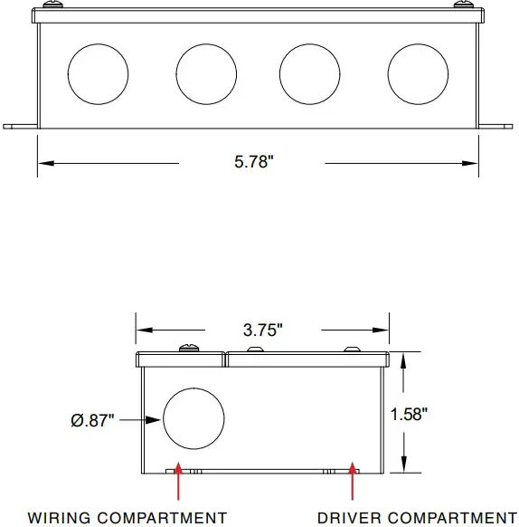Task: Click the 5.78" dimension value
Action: click(253, 163)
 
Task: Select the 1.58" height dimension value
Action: click(409, 414)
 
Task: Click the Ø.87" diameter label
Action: click(92, 420)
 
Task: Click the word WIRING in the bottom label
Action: click(60, 518)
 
